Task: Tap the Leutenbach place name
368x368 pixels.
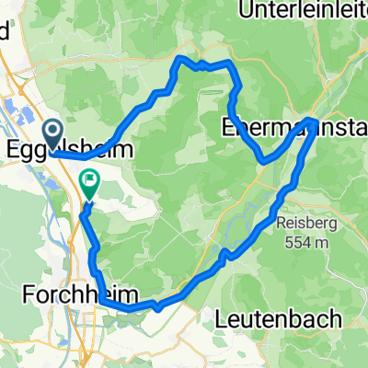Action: tap(279, 318)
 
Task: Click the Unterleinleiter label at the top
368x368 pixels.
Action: tap(302, 11)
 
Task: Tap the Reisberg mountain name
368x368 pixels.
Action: tap(307, 224)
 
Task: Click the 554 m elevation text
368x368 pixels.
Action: tap(307, 243)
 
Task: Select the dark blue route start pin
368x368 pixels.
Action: tap(53, 134)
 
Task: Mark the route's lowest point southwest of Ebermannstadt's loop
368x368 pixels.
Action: tap(264, 161)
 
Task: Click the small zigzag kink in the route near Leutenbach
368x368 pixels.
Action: tap(225, 251)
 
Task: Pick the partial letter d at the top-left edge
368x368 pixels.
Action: tap(5, 28)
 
